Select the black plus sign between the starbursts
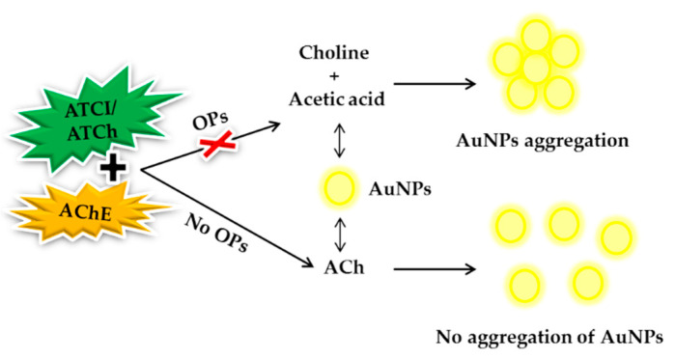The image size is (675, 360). [x=114, y=169]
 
